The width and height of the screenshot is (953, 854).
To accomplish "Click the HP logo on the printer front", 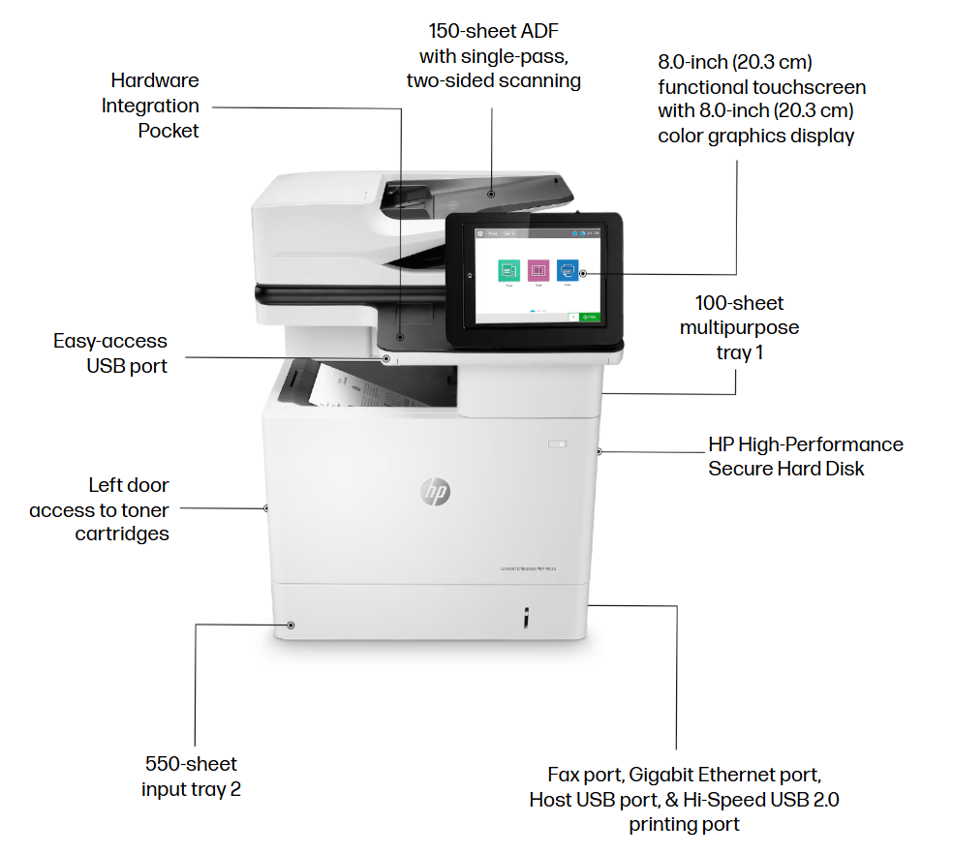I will [x=435, y=492].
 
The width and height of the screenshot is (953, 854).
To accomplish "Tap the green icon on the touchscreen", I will [x=508, y=269].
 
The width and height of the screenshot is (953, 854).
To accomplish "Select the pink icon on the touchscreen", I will [x=538, y=269].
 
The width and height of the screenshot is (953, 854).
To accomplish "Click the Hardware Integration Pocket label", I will [x=151, y=106].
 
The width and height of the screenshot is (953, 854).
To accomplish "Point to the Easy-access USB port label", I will [x=111, y=353].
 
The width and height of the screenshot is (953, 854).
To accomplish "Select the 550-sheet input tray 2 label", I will [x=192, y=777].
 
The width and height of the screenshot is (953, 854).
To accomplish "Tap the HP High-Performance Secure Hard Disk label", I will [x=805, y=456].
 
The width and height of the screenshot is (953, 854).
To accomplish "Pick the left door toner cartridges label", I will [x=100, y=509].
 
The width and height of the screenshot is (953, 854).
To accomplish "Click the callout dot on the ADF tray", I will [x=491, y=194].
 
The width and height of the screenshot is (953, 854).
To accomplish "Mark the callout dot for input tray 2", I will [x=290, y=625].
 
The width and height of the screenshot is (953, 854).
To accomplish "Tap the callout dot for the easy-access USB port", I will [x=386, y=358].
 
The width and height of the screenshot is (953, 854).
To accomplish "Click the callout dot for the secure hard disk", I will [x=600, y=451].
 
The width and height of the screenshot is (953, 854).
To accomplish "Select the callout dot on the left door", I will [x=266, y=507].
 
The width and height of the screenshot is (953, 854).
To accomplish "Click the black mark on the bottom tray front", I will [x=525, y=617].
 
